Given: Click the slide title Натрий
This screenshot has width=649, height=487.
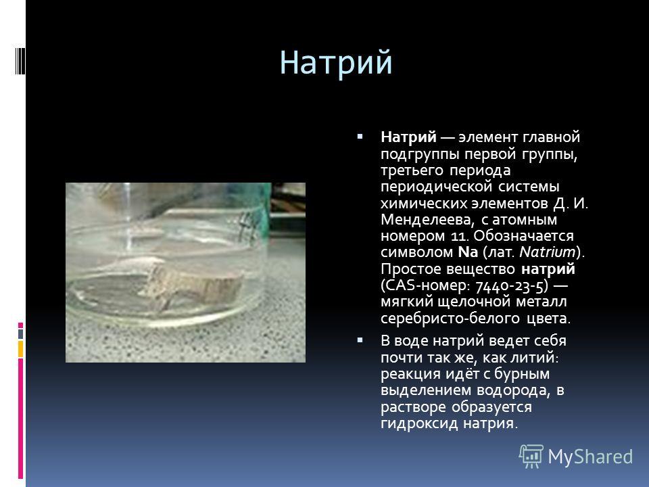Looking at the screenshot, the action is point(336,63).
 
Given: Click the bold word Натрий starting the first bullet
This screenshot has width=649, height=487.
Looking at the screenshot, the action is point(408,137).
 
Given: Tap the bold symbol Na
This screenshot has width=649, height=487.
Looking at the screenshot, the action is point(468,252).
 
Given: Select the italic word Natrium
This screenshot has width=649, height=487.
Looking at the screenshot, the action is point(547,252).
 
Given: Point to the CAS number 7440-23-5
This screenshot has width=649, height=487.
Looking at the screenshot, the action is point(512,285).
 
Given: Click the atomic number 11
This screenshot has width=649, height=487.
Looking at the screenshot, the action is point(458,235).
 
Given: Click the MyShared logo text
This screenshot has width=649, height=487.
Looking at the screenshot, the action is point(590,457).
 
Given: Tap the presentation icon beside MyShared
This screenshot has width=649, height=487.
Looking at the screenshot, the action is point(531,456).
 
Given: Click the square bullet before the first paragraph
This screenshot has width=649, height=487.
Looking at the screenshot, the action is point(360,136).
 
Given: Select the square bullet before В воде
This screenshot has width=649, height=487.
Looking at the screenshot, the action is point(360,340).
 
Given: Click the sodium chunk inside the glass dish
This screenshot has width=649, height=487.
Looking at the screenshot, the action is point(195,285).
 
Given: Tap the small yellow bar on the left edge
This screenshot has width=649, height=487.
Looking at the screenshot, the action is point(20,349).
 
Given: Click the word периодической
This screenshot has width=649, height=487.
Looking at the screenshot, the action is point(436,187).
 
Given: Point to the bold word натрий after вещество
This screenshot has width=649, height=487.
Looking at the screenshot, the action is point(548,269).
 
